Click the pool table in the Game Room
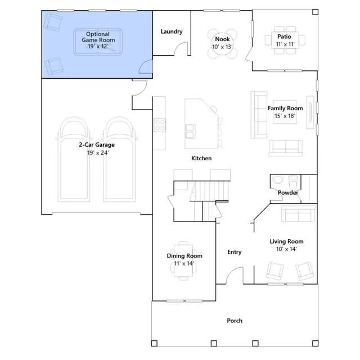click(98, 42)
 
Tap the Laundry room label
click(172, 31)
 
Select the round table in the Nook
click(222, 44)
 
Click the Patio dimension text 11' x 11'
click(285, 44)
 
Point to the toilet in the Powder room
click(292, 182)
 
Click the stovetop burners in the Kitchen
click(159, 125)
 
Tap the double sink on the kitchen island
click(190, 131)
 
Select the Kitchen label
click(201, 158)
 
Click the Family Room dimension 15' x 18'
click(285, 116)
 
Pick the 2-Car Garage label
click(97, 145)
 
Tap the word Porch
click(235, 321)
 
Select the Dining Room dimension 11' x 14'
click(184, 264)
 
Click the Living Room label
click(286, 241)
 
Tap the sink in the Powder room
click(278, 179)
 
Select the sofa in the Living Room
click(298, 214)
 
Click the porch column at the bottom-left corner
click(154, 343)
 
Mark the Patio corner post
click(315, 12)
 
